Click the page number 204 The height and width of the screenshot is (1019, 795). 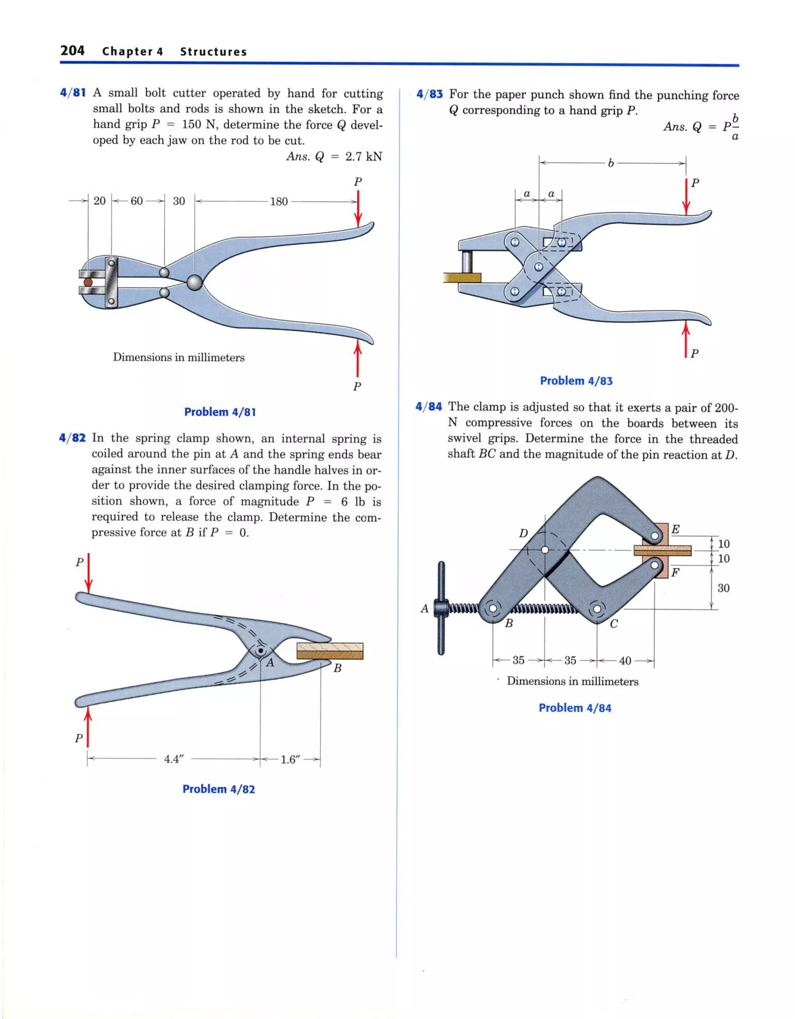(x=72, y=51)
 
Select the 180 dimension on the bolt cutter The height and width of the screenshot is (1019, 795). (x=279, y=202)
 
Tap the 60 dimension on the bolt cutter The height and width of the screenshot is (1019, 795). (x=137, y=201)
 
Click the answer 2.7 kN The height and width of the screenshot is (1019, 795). (x=363, y=157)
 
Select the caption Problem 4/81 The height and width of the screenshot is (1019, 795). (x=220, y=412)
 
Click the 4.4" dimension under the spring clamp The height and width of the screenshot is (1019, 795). (x=174, y=759)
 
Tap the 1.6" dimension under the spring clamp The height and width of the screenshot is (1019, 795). (x=290, y=759)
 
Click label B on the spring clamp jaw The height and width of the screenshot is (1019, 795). (x=338, y=668)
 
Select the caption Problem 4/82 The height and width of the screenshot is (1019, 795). (x=219, y=789)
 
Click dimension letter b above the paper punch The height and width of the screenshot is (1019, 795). (x=611, y=163)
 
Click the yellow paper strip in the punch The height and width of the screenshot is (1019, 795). (x=462, y=278)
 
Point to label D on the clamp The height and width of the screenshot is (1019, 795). (x=524, y=533)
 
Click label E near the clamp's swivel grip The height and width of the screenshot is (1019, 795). (x=675, y=529)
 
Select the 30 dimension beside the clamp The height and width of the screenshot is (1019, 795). (x=723, y=588)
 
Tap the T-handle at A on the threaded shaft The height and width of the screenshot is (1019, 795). (x=441, y=608)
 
